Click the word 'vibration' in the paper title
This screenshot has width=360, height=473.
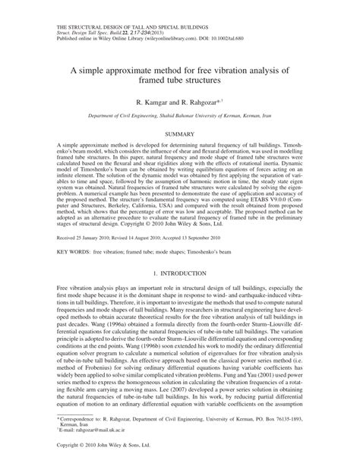(x=232, y=48)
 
